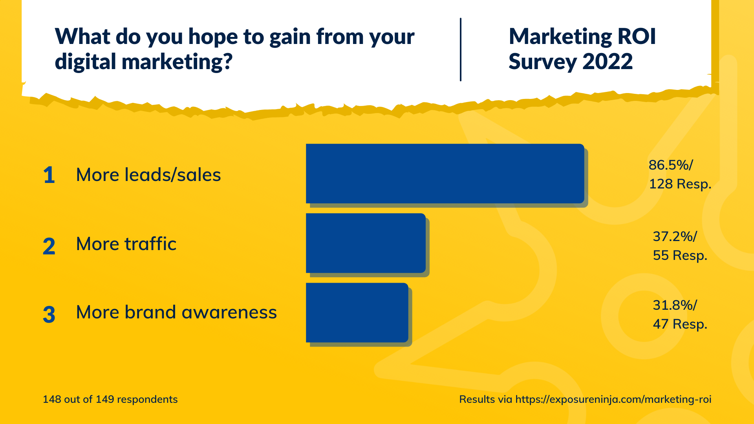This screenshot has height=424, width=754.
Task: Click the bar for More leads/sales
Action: tap(445, 174)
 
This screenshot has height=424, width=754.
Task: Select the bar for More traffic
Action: tap(366, 243)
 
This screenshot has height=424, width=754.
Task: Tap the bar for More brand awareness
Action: tap(357, 313)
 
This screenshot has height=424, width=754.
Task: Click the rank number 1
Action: tap(49, 175)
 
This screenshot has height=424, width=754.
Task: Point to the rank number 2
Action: tap(49, 247)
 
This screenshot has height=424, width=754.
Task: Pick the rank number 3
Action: tap(49, 315)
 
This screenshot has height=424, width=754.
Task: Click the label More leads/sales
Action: tap(148, 175)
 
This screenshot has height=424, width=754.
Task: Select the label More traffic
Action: tap(126, 244)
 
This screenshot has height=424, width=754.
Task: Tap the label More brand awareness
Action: tap(176, 313)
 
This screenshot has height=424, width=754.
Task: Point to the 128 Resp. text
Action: tap(680, 184)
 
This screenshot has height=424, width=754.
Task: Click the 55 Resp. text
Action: tap(680, 255)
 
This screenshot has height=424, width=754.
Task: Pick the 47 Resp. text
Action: tap(680, 324)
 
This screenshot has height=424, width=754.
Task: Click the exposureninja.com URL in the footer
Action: tap(613, 399)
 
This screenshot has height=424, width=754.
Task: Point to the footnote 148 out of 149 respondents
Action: tap(110, 399)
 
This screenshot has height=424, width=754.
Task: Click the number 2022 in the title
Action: tap(608, 62)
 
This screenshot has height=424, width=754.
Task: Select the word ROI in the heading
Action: tap(637, 37)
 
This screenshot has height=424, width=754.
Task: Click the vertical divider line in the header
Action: tap(461, 49)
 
